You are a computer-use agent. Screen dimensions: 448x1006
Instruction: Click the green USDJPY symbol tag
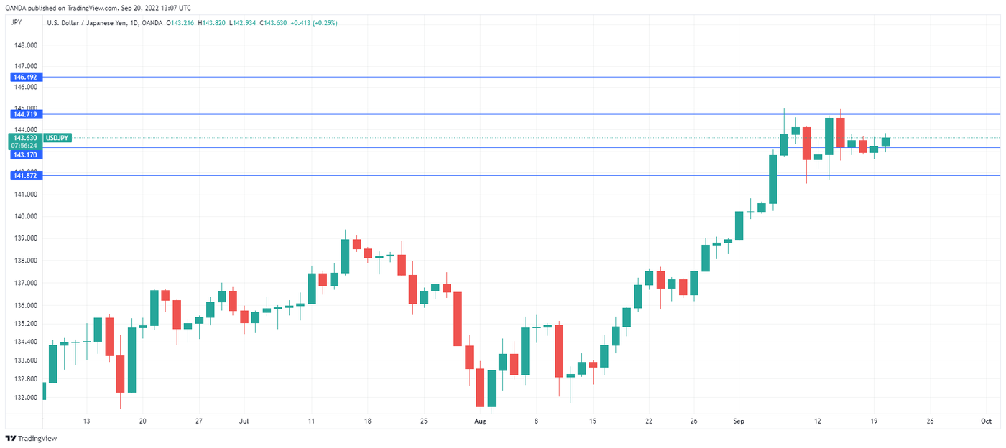[57, 137]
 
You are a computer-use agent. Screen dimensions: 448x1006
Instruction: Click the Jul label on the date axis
[244, 421]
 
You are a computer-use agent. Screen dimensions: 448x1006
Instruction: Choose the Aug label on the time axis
[481, 421]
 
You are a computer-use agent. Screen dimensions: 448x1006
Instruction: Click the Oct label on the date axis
[986, 421]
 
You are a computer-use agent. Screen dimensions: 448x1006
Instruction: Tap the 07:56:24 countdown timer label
[24, 145]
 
